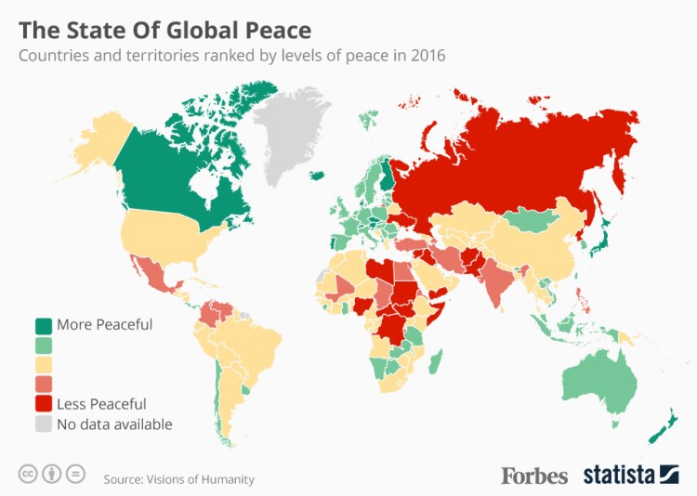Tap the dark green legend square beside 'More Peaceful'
44,325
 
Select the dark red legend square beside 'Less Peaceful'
44,404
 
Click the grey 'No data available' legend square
44,424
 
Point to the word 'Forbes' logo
534,475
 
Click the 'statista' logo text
620,475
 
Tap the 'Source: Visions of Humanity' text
178,479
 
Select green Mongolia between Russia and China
533,220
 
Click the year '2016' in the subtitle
428,56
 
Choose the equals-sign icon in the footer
76,474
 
